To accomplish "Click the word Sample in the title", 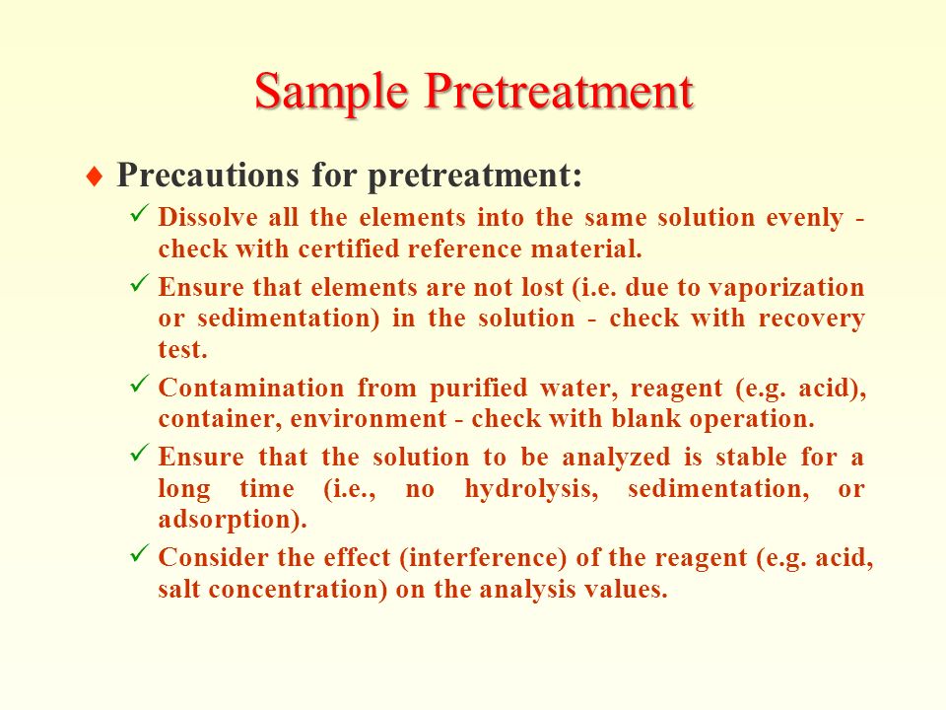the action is (x=331, y=93).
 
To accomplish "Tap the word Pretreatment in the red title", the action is (x=559, y=91).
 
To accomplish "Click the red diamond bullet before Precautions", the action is (x=95, y=177).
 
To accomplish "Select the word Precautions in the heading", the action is (x=208, y=176).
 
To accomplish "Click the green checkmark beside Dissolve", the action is (x=139, y=213).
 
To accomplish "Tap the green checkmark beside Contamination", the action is (x=139, y=384).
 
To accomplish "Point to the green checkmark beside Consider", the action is (x=139, y=552).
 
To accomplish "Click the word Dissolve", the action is (x=208, y=217).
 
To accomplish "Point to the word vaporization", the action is (x=786, y=288).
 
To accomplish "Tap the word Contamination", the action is (x=251, y=388).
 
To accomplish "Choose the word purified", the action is (x=479, y=389).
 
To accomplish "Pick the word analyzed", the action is (x=616, y=458).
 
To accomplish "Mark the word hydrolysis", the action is (x=531, y=489).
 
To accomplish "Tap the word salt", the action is (x=179, y=588).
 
